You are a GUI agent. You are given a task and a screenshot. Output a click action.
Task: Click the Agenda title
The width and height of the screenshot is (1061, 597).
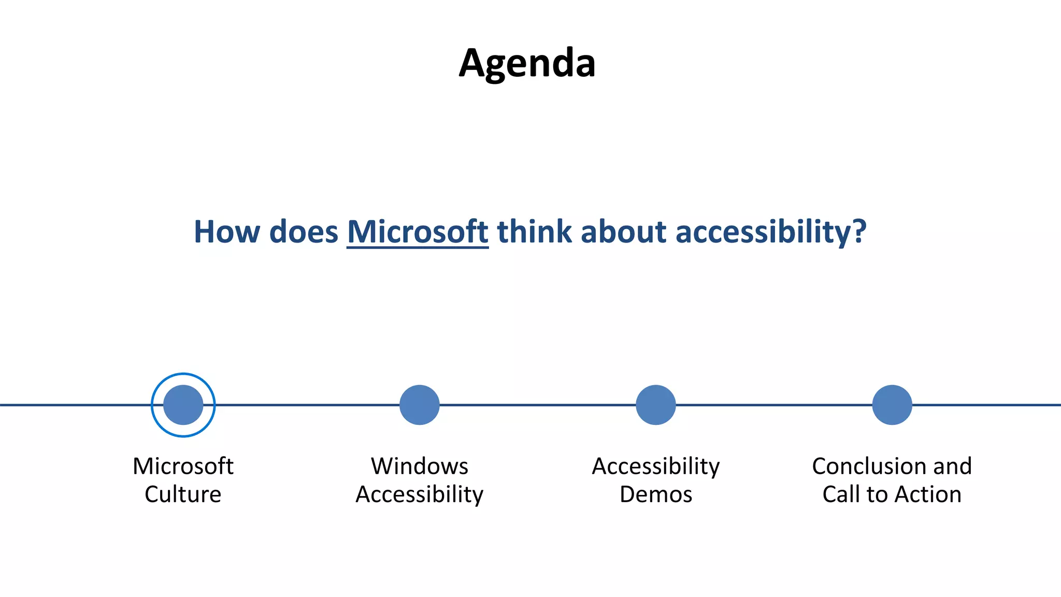click(x=527, y=63)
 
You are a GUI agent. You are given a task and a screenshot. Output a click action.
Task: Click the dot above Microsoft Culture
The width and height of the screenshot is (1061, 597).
click(x=183, y=405)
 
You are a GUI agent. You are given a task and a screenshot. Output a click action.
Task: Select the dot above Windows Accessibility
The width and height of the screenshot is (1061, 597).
click(x=419, y=405)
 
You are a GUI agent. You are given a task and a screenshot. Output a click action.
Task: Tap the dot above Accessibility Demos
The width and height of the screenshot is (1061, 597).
click(x=655, y=405)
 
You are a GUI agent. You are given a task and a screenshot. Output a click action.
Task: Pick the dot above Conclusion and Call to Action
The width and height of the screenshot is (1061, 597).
click(x=892, y=405)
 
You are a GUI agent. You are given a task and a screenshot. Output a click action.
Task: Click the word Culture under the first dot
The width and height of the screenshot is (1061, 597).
click(x=183, y=494)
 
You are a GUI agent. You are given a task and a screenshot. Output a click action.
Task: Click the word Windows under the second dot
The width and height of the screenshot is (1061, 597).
click(x=419, y=466)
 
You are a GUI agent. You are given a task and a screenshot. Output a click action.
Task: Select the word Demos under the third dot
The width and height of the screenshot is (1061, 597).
click(x=655, y=494)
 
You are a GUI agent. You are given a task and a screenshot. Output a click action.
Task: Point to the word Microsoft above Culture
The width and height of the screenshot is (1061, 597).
click(x=183, y=466)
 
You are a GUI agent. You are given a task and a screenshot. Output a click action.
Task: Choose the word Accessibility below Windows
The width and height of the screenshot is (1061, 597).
click(x=419, y=494)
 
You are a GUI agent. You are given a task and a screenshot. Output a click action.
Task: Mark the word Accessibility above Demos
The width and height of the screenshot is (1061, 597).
click(x=655, y=466)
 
